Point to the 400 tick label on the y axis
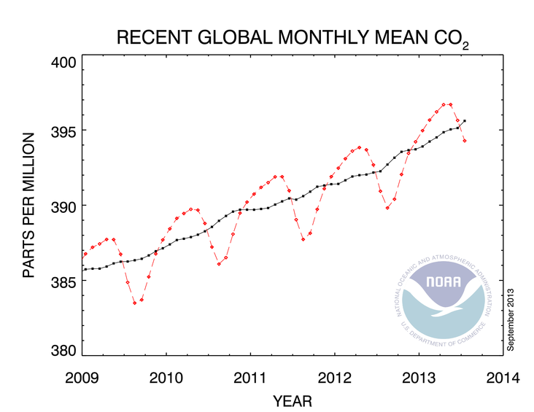point(63,62)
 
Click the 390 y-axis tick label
point(63,206)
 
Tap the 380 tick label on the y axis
point(63,350)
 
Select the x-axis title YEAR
point(293,400)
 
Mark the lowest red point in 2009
point(135,302)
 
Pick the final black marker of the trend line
point(465,121)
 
